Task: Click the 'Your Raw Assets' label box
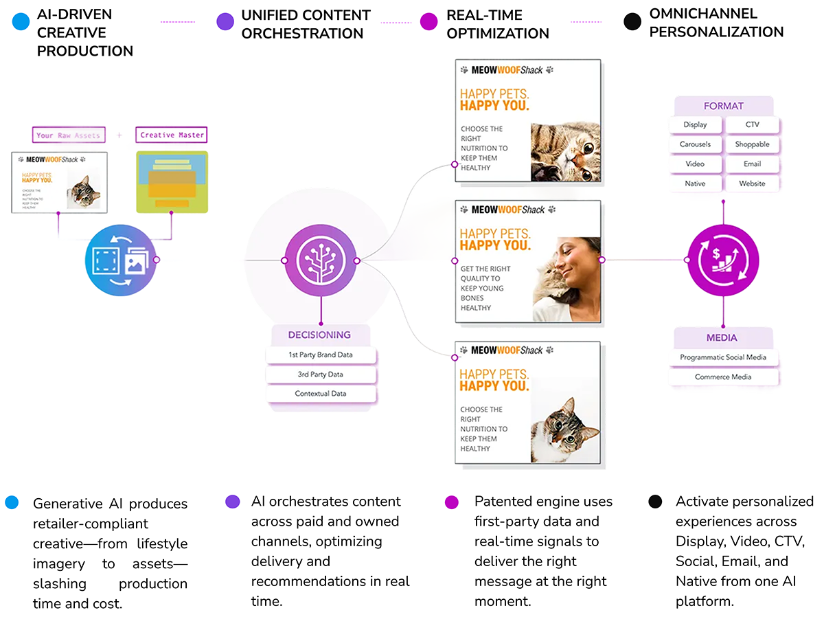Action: point(68,135)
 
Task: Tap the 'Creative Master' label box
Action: point(172,135)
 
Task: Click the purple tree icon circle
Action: point(320,260)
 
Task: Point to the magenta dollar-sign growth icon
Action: point(723,260)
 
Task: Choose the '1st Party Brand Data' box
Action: point(320,355)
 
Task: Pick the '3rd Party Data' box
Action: point(320,374)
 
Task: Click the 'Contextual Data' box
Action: point(320,394)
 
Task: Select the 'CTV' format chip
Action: point(752,125)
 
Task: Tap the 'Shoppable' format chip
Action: point(752,144)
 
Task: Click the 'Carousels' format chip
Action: point(695,144)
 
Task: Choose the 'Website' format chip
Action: point(752,183)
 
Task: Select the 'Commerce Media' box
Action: point(723,377)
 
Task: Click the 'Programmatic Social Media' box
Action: point(723,357)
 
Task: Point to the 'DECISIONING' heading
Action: point(319,335)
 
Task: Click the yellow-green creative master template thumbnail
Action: point(172,182)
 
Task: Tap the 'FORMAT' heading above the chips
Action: point(723,106)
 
